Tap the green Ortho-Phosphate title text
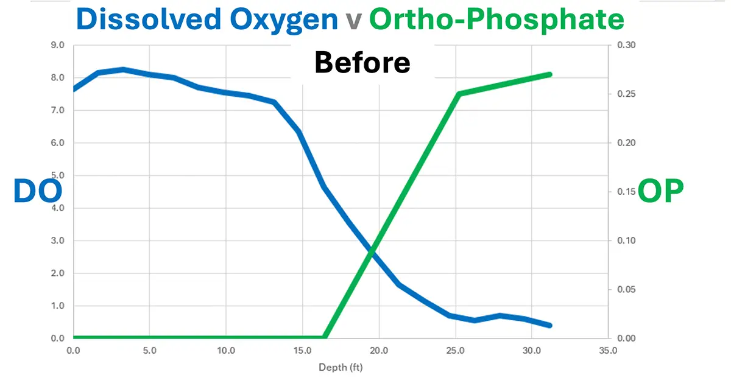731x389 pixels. pos(497,19)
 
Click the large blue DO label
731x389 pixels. pos(38,191)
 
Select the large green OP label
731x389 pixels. pos(661,191)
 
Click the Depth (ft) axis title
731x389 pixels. pos(341,367)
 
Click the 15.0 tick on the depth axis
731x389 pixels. pos(303,351)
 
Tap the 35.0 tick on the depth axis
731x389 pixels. pos(608,351)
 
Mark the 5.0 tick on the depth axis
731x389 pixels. pos(150,351)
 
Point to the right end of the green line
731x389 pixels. pos(550,74)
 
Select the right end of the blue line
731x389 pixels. pos(550,326)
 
